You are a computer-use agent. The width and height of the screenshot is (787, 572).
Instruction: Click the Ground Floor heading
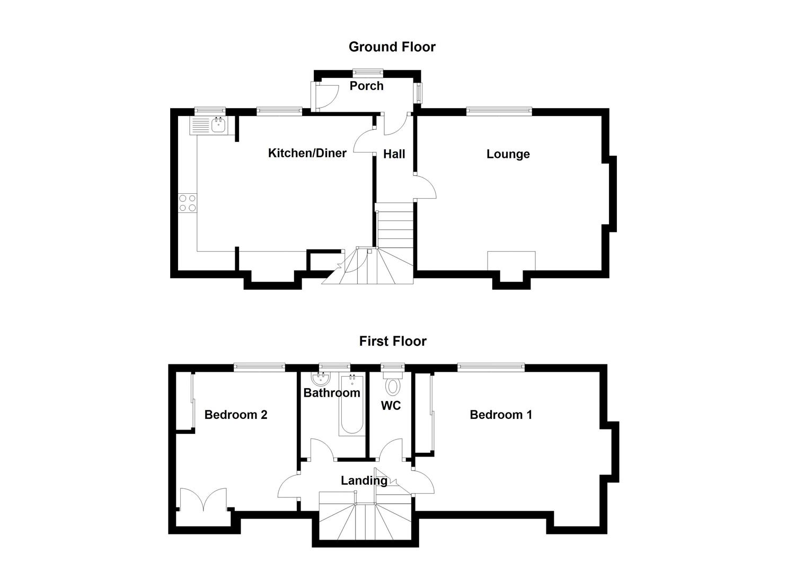392,47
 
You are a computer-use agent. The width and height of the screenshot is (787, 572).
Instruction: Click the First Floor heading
392,341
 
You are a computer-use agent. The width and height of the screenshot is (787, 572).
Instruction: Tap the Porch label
366,86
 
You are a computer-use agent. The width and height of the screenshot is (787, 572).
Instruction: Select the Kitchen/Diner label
307,153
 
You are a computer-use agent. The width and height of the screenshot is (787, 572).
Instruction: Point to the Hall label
394,154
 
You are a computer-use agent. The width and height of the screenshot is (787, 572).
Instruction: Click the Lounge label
508,154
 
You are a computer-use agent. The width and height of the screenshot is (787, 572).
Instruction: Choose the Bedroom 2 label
235,415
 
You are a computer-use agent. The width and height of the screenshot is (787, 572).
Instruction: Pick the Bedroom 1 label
500,415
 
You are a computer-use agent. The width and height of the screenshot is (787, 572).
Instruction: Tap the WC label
391,406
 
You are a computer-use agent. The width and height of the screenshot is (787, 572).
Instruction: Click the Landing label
364,481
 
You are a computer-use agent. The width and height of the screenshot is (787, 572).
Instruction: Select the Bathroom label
331,393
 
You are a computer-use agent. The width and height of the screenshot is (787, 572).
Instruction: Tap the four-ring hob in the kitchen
188,203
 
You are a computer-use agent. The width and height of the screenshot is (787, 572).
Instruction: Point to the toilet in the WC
393,385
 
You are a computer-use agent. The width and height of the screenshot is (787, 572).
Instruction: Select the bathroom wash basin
321,378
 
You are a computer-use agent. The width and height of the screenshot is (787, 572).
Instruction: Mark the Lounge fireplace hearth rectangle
511,261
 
